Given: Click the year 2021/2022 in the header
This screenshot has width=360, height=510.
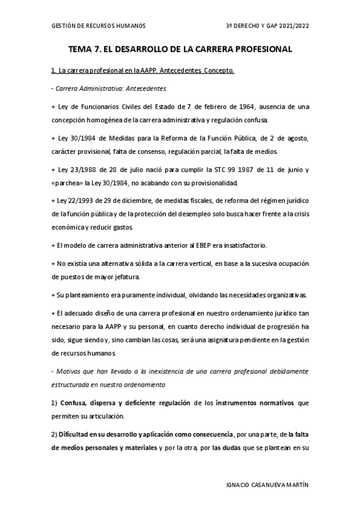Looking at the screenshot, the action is [x=290, y=25].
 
